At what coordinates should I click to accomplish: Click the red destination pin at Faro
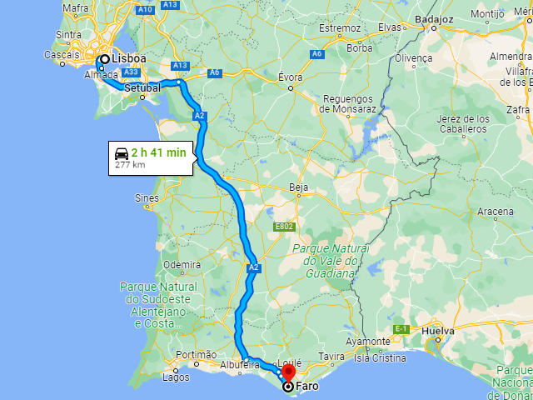click(289, 372)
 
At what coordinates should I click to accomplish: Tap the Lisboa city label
click(129, 59)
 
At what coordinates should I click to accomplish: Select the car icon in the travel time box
click(122, 152)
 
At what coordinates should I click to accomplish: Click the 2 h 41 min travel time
click(158, 152)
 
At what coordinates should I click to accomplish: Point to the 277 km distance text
click(130, 165)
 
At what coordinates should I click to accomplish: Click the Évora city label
click(290, 77)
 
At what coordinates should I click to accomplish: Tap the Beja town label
click(298, 187)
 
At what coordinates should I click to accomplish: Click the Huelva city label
click(438, 331)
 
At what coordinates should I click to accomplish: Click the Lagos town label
click(176, 377)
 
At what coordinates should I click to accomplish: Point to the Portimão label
click(197, 355)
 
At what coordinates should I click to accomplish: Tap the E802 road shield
click(284, 226)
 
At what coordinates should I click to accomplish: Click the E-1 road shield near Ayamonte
click(401, 329)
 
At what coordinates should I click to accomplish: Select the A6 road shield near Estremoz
click(316, 54)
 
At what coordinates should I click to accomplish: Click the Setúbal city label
click(142, 87)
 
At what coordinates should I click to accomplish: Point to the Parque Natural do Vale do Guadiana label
click(330, 261)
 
